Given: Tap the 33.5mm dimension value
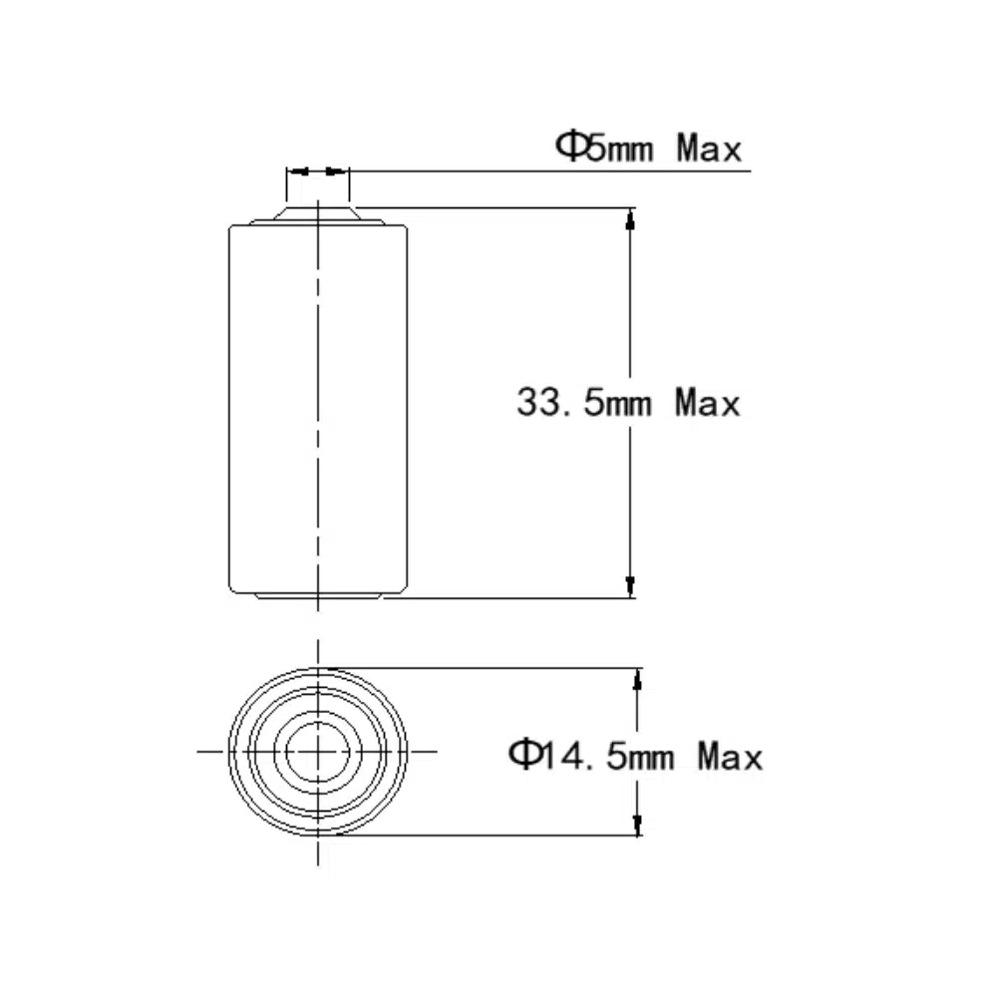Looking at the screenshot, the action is (x=584, y=403).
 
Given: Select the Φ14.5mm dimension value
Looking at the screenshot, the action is (x=591, y=756).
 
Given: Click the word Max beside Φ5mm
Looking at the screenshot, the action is (x=709, y=148).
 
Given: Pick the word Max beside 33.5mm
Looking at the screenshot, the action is (x=708, y=403).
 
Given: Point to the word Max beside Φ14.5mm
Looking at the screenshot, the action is (x=730, y=757).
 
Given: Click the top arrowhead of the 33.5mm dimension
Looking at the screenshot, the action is (x=630, y=218).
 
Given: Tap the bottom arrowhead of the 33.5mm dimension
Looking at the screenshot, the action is (x=630, y=587).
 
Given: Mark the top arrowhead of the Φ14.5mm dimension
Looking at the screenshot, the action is (x=637, y=679).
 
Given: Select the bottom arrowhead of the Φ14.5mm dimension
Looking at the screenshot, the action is (x=637, y=825).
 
